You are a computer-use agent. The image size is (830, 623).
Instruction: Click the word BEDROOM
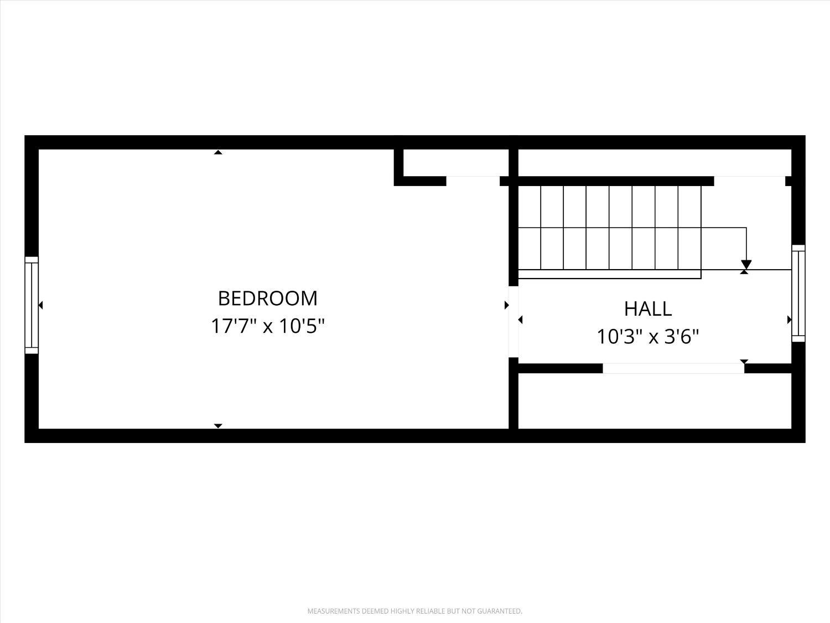click(268, 298)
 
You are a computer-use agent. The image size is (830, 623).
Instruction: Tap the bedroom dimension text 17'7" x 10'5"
click(268, 326)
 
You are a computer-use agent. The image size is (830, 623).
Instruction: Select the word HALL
click(648, 309)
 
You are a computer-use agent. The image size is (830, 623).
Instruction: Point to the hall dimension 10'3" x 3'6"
click(648, 336)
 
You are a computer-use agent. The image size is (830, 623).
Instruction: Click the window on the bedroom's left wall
click(32, 305)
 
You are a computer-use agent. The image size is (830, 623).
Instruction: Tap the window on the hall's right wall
click(798, 293)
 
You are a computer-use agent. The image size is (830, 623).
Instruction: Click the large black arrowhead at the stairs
click(746, 264)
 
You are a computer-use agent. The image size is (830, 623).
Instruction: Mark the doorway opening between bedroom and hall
click(513, 322)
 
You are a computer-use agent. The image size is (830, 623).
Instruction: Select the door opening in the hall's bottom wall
click(673, 368)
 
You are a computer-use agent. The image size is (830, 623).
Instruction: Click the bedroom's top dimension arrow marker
click(218, 152)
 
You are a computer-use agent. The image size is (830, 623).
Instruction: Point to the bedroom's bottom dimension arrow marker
click(218, 426)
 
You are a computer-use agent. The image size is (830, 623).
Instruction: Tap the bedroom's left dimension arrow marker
click(41, 305)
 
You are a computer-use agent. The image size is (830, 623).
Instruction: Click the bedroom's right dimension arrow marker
click(507, 305)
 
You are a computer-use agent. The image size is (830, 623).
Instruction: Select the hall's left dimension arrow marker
click(520, 320)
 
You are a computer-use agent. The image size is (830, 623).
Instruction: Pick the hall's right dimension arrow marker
click(789, 320)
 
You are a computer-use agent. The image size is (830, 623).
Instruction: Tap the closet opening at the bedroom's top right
click(473, 181)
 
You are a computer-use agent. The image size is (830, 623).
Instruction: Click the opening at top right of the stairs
click(749, 181)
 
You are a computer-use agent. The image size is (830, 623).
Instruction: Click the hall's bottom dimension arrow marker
click(744, 362)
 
